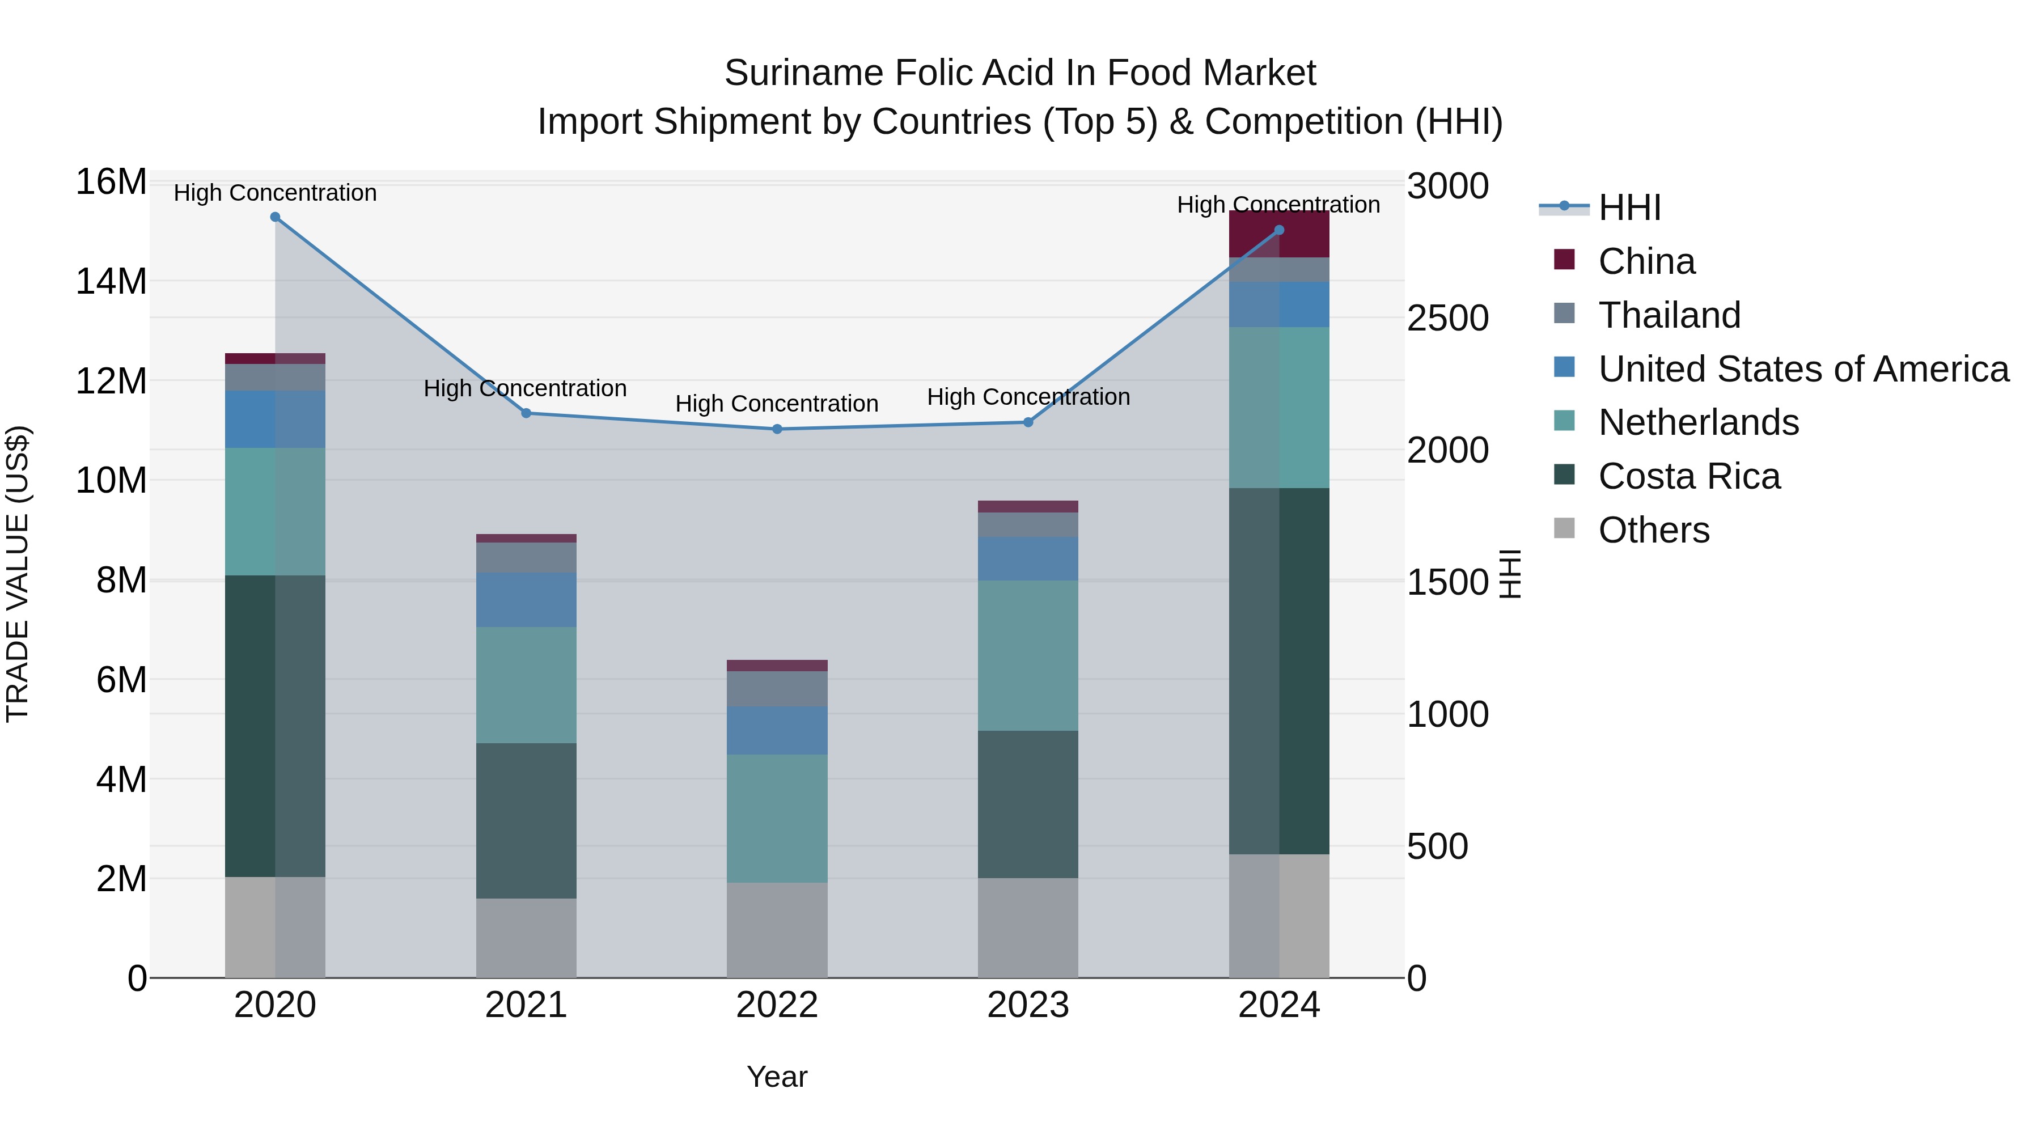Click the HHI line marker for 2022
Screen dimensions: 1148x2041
click(x=777, y=429)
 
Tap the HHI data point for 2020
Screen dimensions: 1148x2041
click(x=275, y=217)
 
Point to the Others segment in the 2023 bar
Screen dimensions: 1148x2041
click(x=1028, y=927)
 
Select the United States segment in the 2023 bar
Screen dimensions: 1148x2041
click(x=1028, y=558)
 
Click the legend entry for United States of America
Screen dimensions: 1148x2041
click(x=1802, y=369)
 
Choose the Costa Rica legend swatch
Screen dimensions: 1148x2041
click(x=1564, y=476)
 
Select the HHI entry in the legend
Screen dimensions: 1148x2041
click(x=1628, y=207)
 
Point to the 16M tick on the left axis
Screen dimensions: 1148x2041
click(x=111, y=182)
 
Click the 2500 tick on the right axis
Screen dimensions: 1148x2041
click(x=1447, y=319)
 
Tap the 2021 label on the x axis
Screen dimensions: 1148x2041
click(x=526, y=1005)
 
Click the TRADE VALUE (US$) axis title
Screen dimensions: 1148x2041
click(x=18, y=574)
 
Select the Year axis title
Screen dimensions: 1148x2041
click(x=777, y=1077)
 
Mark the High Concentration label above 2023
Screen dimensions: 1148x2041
click(x=1028, y=397)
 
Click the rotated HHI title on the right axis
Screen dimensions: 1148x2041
click(x=1510, y=574)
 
